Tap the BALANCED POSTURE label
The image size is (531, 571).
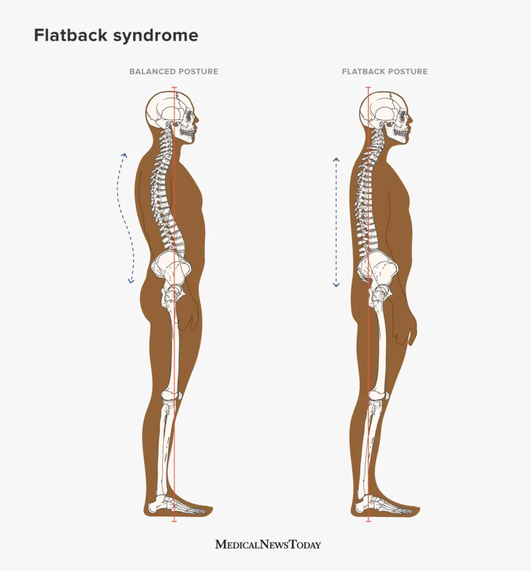pyautogui.click(x=173, y=72)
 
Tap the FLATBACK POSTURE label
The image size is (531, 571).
pyautogui.click(x=385, y=72)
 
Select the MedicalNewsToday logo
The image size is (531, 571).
pyautogui.click(x=268, y=544)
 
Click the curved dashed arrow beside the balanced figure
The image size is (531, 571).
pyautogui.click(x=126, y=217)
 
